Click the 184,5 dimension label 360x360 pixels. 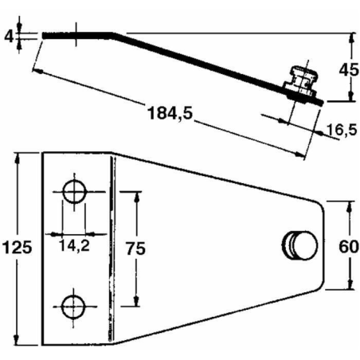(x=170, y=113)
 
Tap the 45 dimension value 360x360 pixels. (x=349, y=70)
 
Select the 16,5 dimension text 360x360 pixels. (x=342, y=130)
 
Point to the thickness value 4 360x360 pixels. (x=9, y=36)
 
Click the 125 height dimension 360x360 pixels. (x=18, y=248)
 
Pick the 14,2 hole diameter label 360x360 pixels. (x=74, y=245)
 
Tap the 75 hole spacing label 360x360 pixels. (x=135, y=248)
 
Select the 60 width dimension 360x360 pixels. (x=349, y=247)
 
